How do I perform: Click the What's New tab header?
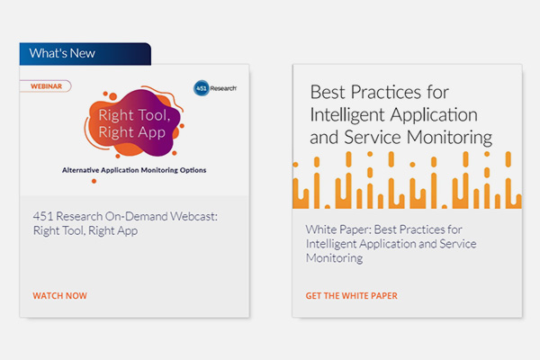(85, 54)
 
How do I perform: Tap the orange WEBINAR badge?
(46, 86)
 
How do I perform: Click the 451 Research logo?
(215, 88)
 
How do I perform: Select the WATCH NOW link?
(60, 295)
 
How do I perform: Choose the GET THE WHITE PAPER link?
(351, 295)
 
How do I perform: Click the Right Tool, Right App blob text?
(134, 123)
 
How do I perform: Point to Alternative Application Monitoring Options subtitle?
(134, 170)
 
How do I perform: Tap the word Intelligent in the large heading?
(347, 115)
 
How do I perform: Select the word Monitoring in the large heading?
(449, 138)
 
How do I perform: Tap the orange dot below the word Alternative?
(94, 181)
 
